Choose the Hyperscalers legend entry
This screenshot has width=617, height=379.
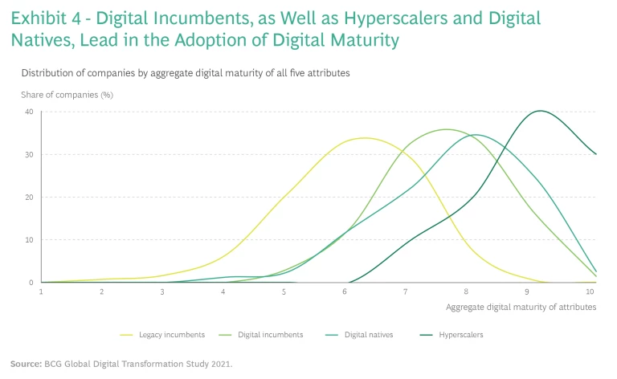(462, 334)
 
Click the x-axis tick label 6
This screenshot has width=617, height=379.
(345, 291)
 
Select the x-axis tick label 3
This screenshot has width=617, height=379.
(162, 291)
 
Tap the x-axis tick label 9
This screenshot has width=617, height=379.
(527, 291)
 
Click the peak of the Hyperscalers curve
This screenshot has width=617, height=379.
(539, 111)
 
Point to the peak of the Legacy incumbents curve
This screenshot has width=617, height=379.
(365, 137)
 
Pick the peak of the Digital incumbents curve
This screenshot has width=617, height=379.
(447, 129)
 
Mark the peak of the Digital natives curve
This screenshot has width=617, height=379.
(476, 135)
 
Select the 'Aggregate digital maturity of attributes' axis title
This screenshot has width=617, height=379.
(521, 308)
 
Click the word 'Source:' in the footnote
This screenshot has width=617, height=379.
(25, 364)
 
